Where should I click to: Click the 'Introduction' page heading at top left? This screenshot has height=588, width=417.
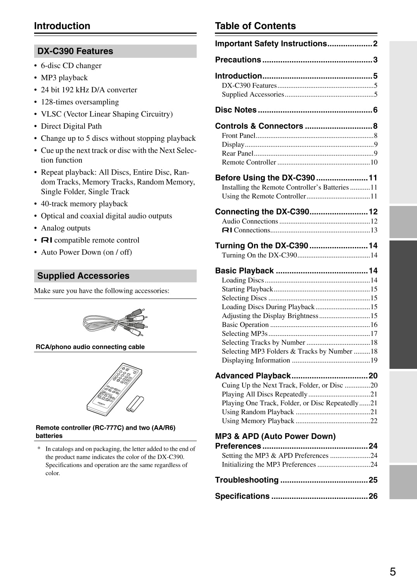[62, 26]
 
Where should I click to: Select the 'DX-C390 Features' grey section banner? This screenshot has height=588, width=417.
[115, 51]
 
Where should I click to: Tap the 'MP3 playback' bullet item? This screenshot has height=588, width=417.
[64, 78]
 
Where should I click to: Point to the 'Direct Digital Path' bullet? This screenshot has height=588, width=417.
[71, 126]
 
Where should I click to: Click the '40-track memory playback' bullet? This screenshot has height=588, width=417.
[84, 204]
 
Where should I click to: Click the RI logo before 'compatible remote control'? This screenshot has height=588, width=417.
[47, 240]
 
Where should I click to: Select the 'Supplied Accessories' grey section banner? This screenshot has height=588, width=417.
[115, 276]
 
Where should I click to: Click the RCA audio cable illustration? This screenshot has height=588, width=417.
[115, 322]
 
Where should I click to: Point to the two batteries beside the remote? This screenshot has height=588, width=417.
[135, 404]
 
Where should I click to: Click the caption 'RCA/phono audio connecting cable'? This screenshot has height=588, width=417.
[90, 347]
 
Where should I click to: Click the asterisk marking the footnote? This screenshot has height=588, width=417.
[39, 449]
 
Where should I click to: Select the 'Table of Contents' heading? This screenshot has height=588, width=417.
[255, 26]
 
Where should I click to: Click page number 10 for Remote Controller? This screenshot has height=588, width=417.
[374, 162]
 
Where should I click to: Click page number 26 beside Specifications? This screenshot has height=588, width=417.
[373, 496]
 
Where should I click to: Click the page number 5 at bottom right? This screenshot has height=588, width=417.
[393, 572]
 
